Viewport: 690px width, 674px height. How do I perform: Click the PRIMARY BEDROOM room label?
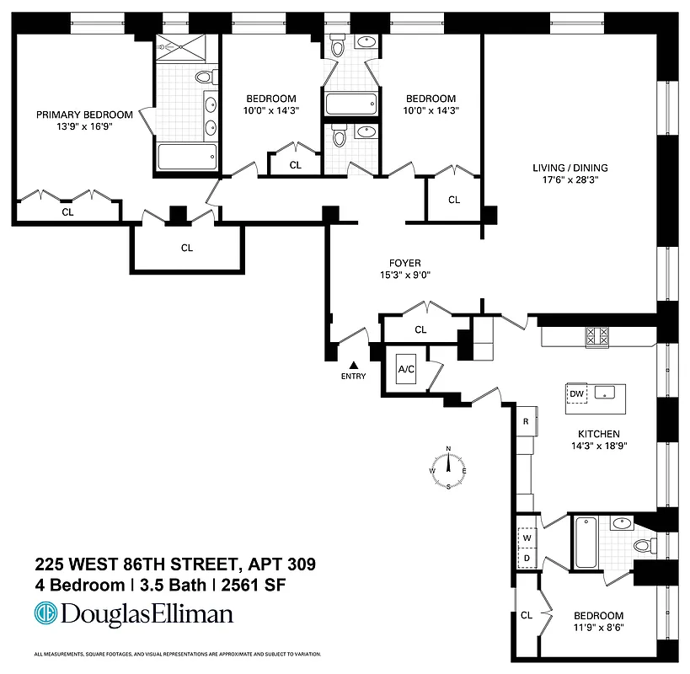(x=83, y=115)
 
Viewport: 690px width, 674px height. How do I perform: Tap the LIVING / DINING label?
(x=570, y=168)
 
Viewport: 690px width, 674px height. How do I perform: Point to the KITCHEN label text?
(x=599, y=433)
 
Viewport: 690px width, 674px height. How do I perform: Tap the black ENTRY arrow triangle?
(x=354, y=365)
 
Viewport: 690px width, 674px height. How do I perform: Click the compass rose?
(x=449, y=468)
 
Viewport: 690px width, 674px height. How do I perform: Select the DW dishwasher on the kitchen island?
(x=577, y=393)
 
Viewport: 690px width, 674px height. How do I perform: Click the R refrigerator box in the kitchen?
(x=525, y=420)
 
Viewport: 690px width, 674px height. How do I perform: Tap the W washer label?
(x=527, y=537)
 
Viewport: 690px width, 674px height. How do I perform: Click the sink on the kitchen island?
(x=604, y=393)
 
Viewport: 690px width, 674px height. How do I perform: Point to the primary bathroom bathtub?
(x=187, y=157)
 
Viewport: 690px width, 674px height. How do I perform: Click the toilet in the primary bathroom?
(x=203, y=78)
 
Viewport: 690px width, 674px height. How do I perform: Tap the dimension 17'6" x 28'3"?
(x=570, y=180)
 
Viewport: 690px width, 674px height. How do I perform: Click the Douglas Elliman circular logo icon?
(x=45, y=614)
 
